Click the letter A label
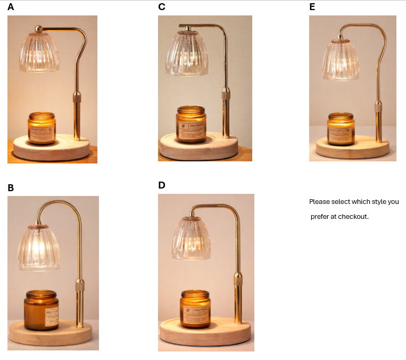click(11, 7)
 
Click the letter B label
click(11, 188)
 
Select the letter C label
click(162, 7)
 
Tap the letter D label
click(162, 185)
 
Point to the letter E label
click(312, 7)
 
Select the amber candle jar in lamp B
click(42, 310)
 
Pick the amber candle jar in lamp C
click(191, 124)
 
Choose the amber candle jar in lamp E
click(341, 129)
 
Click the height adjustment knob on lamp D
click(238, 279)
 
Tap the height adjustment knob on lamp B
click(80, 285)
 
